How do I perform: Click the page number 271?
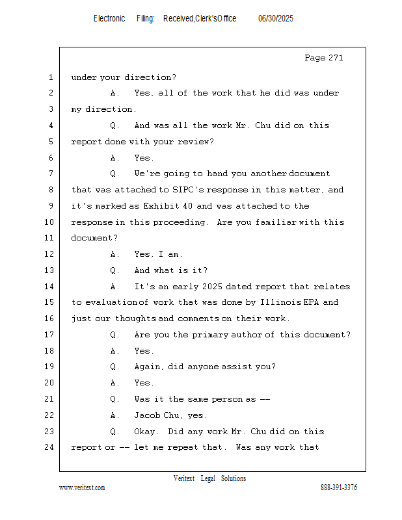click(x=336, y=58)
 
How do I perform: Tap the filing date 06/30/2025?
click(x=276, y=19)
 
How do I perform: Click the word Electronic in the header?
click(x=109, y=19)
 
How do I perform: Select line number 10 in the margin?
click(x=49, y=222)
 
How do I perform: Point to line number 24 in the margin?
click(x=49, y=447)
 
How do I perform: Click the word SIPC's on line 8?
click(x=189, y=190)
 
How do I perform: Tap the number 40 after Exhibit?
click(x=187, y=206)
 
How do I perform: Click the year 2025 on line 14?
click(x=212, y=286)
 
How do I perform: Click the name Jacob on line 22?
click(x=147, y=415)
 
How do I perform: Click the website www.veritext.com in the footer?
click(x=82, y=487)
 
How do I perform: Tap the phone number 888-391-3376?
click(x=339, y=487)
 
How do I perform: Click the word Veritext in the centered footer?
click(x=184, y=478)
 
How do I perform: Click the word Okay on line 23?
click(x=144, y=432)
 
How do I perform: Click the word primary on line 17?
click(x=211, y=335)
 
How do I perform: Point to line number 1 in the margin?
click(x=51, y=77)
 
